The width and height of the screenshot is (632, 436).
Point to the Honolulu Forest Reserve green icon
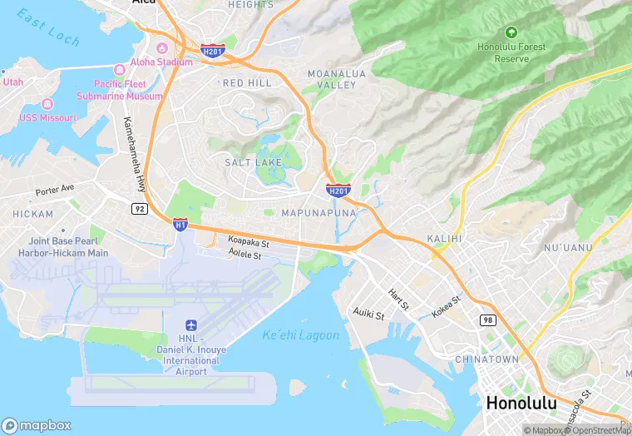click(x=511, y=32)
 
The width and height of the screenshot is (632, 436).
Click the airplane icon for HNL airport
click(x=192, y=324)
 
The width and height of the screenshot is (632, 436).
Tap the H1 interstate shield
click(x=180, y=224)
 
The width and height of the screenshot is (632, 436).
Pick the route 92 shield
click(x=141, y=207)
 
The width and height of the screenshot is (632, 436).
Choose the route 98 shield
click(x=486, y=320)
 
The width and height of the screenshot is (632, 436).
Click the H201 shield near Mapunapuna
click(x=338, y=191)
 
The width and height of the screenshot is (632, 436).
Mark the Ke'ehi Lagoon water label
click(x=300, y=335)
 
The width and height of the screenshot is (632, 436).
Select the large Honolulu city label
click(x=521, y=403)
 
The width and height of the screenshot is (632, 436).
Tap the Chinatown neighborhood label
click(x=486, y=359)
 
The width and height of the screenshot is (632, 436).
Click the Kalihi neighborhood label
click(x=443, y=239)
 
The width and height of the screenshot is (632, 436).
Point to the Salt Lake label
click(x=249, y=162)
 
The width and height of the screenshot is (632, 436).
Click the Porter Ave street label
click(x=55, y=190)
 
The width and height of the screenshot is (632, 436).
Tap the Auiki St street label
click(x=368, y=314)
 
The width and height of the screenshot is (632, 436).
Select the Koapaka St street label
click(x=249, y=243)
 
